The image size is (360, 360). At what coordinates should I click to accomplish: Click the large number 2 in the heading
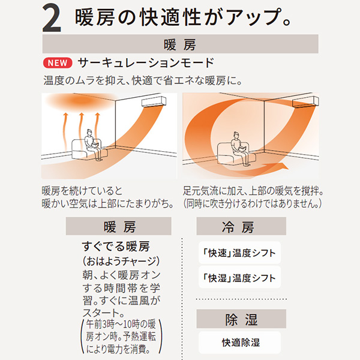coord(52,18)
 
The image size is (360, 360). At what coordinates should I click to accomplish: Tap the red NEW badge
coord(58,62)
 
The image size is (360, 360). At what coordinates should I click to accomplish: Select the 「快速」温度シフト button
coord(239,253)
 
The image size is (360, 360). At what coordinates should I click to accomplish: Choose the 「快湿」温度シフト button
coord(239,277)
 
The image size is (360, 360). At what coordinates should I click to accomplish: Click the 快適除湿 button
coord(239,343)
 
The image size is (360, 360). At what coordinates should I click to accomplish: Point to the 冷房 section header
coord(241,226)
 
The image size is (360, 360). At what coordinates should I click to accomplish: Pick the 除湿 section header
coord(241,319)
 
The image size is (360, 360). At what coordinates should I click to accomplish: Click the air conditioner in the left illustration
coord(154,102)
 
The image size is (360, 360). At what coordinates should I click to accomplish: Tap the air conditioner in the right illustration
coord(305,102)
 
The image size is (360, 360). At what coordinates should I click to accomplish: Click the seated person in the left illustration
coord(92,145)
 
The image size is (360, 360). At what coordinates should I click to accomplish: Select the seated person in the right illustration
coord(240,148)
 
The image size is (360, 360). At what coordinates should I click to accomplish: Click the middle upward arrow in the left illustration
coord(81,131)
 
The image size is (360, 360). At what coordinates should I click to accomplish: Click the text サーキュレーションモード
coord(146,62)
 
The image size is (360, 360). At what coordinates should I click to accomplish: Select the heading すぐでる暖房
coord(116,247)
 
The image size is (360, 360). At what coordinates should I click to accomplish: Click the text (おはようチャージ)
coord(121,261)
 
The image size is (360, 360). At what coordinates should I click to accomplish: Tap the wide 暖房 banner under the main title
coord(180,44)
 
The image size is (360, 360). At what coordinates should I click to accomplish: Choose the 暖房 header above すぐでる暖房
coord(118,226)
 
